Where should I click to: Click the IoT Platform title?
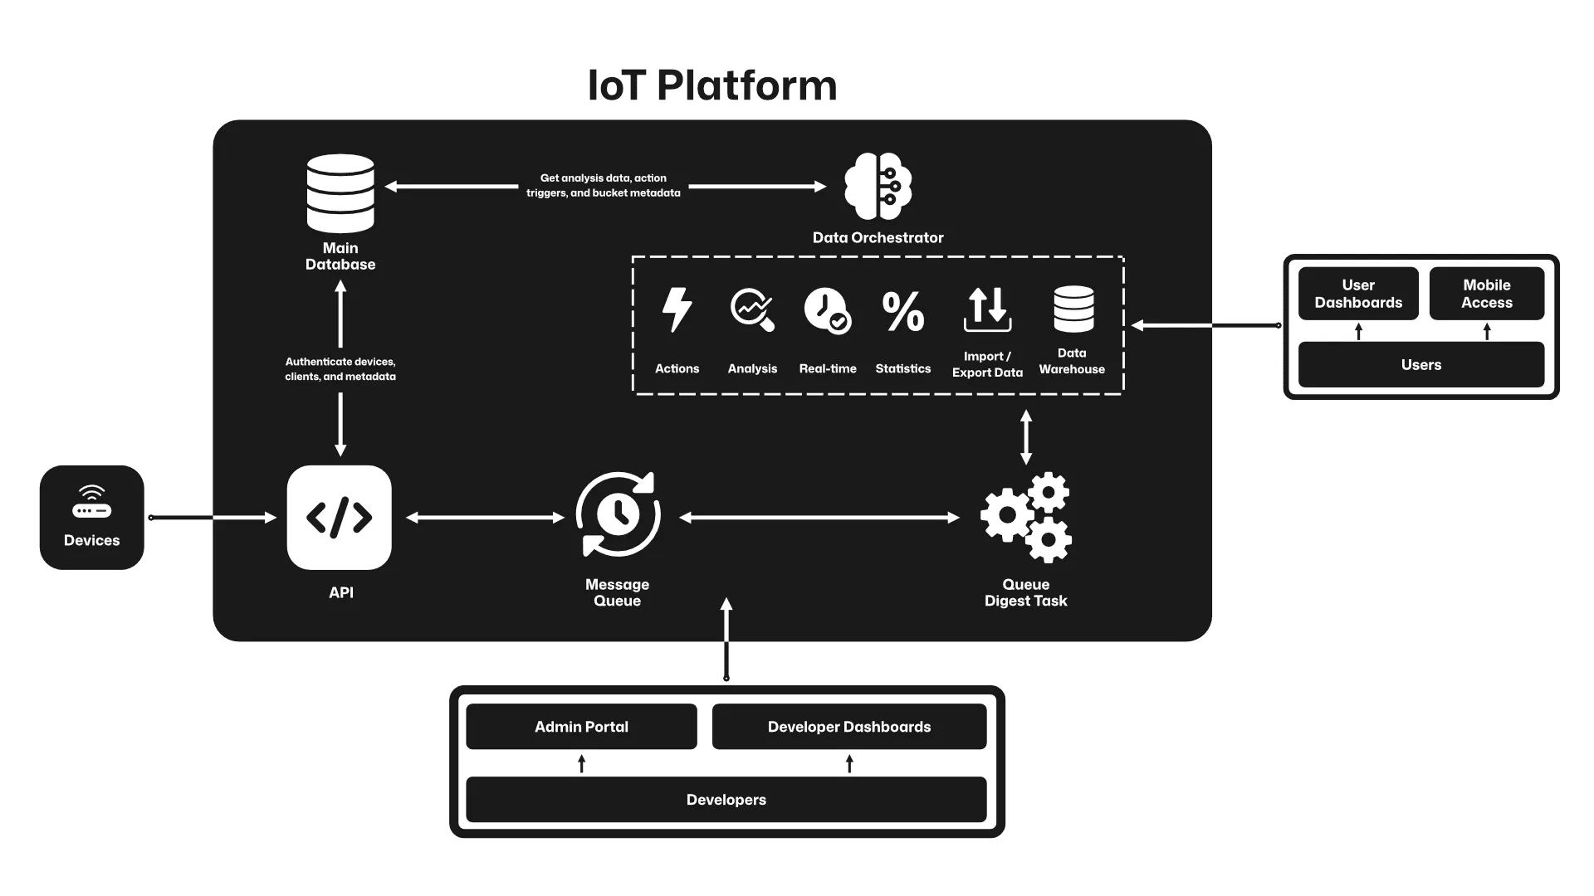[712, 85]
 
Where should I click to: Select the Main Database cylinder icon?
[340, 193]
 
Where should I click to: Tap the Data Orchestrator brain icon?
[878, 187]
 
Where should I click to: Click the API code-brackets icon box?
[339, 518]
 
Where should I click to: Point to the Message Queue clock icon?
[618, 514]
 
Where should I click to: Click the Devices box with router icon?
[91, 518]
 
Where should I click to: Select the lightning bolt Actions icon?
[677, 310]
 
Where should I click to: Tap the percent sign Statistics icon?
[902, 311]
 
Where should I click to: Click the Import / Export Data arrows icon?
[987, 309]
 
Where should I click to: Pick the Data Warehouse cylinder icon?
[1073, 309]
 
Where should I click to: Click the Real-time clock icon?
[827, 311]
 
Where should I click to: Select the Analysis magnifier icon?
[752, 310]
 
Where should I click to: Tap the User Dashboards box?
[1358, 294]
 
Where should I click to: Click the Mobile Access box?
[1486, 294]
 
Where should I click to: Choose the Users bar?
[1420, 365]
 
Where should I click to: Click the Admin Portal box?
[581, 727]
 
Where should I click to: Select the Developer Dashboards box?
[848, 727]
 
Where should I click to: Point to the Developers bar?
[726, 800]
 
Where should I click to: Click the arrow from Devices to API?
[213, 518]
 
